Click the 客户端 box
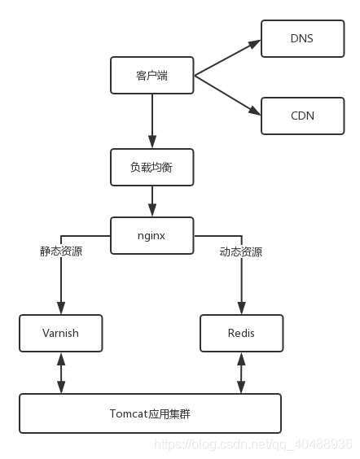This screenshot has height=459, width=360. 152,76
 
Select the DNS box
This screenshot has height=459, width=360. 302,38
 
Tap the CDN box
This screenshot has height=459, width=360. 302,116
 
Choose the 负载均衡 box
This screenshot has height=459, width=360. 152,167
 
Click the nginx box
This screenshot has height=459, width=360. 152,236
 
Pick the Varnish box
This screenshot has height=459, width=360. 61,333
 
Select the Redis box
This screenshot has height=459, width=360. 242,333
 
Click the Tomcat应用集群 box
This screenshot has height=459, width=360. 151,413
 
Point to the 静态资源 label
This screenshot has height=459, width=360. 61,251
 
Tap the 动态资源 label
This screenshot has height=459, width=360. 241,252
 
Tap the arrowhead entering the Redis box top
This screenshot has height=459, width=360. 241,308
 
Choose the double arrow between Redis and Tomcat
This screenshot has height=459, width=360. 241,373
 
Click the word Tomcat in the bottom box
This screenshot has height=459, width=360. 128,413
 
